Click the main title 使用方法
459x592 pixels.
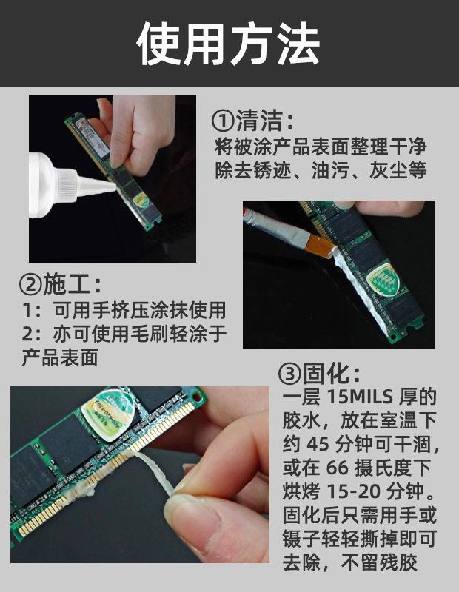tap(229, 44)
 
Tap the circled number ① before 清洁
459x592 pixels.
tap(223, 120)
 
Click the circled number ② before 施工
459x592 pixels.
tap(30, 284)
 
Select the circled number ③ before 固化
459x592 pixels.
tap(289, 374)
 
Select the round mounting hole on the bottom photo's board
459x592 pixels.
tap(197, 397)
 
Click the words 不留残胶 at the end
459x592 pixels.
tap(379, 562)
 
